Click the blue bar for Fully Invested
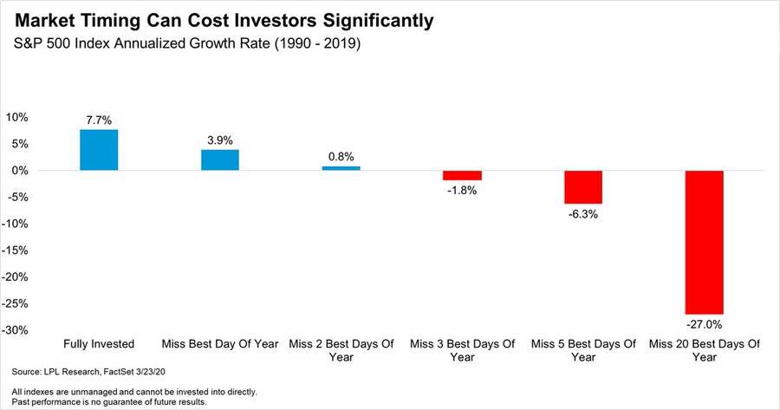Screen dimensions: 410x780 tap(99, 150)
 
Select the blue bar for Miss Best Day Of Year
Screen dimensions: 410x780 tap(220, 160)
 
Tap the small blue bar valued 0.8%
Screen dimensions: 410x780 tap(341, 168)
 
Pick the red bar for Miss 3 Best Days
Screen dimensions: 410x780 tap(462, 176)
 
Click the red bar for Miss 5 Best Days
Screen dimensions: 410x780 tap(582, 187)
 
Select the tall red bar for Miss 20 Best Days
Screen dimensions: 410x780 tap(704, 242)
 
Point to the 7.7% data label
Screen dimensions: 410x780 tap(99, 120)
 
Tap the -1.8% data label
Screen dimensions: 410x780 tap(462, 191)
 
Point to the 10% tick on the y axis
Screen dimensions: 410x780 tap(17, 117)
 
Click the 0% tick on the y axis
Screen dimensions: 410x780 tap(21, 171)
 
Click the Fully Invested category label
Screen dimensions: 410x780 tap(99, 344)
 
